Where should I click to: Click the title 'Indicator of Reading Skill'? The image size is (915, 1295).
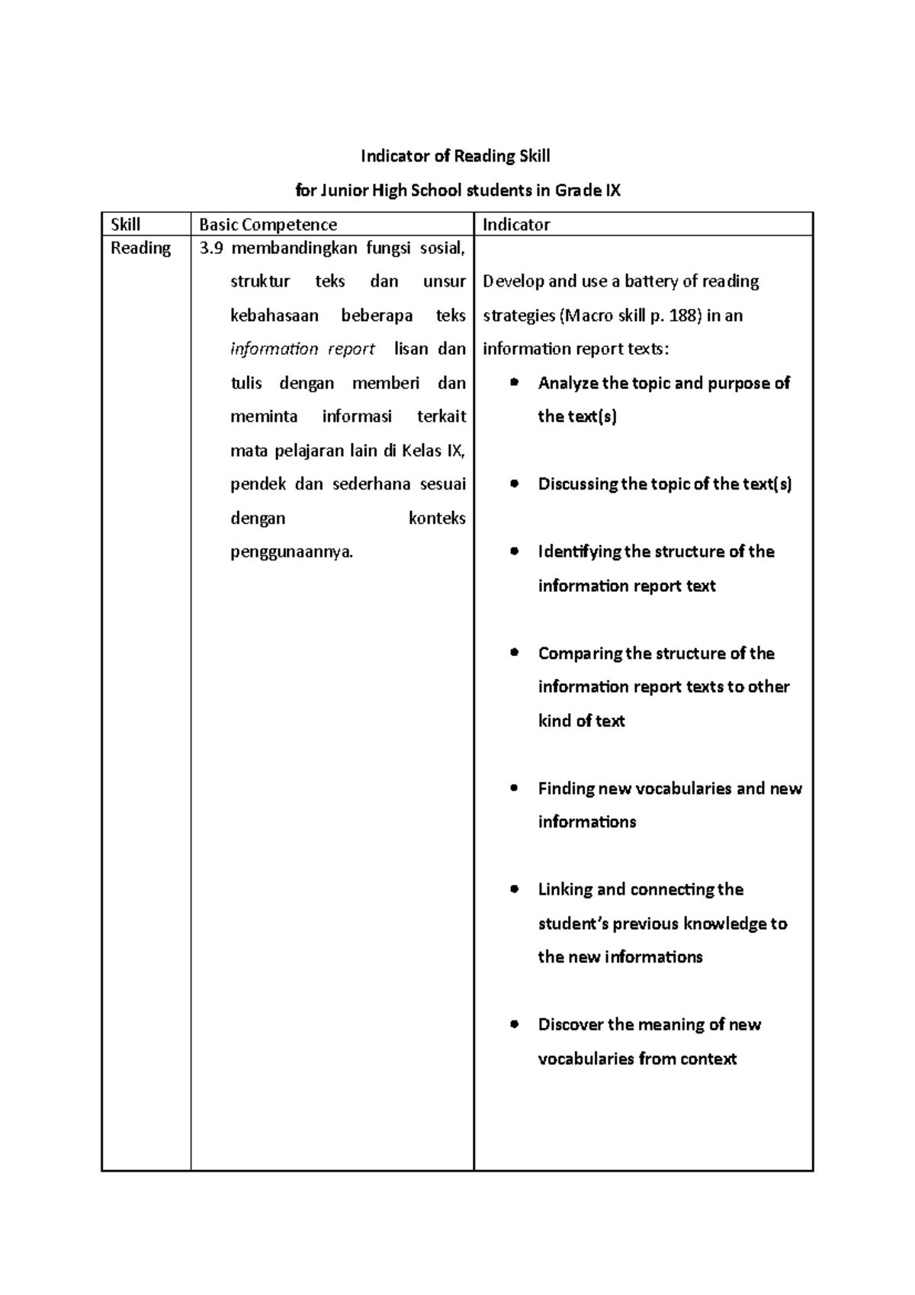pos(455,156)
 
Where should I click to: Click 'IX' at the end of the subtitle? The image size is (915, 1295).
pos(612,191)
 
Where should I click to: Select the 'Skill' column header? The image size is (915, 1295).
pos(125,224)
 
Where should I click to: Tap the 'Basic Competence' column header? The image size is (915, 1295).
pos(268,224)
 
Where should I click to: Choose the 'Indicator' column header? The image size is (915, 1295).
pos(516,224)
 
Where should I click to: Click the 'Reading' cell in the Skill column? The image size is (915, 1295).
pos(140,248)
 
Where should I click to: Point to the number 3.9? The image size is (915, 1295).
pos(210,248)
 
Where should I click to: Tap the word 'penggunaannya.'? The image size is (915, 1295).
pos(292,552)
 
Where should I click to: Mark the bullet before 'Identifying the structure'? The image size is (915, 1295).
pos(515,551)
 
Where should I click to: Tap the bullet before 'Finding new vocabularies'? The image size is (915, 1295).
pos(515,788)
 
